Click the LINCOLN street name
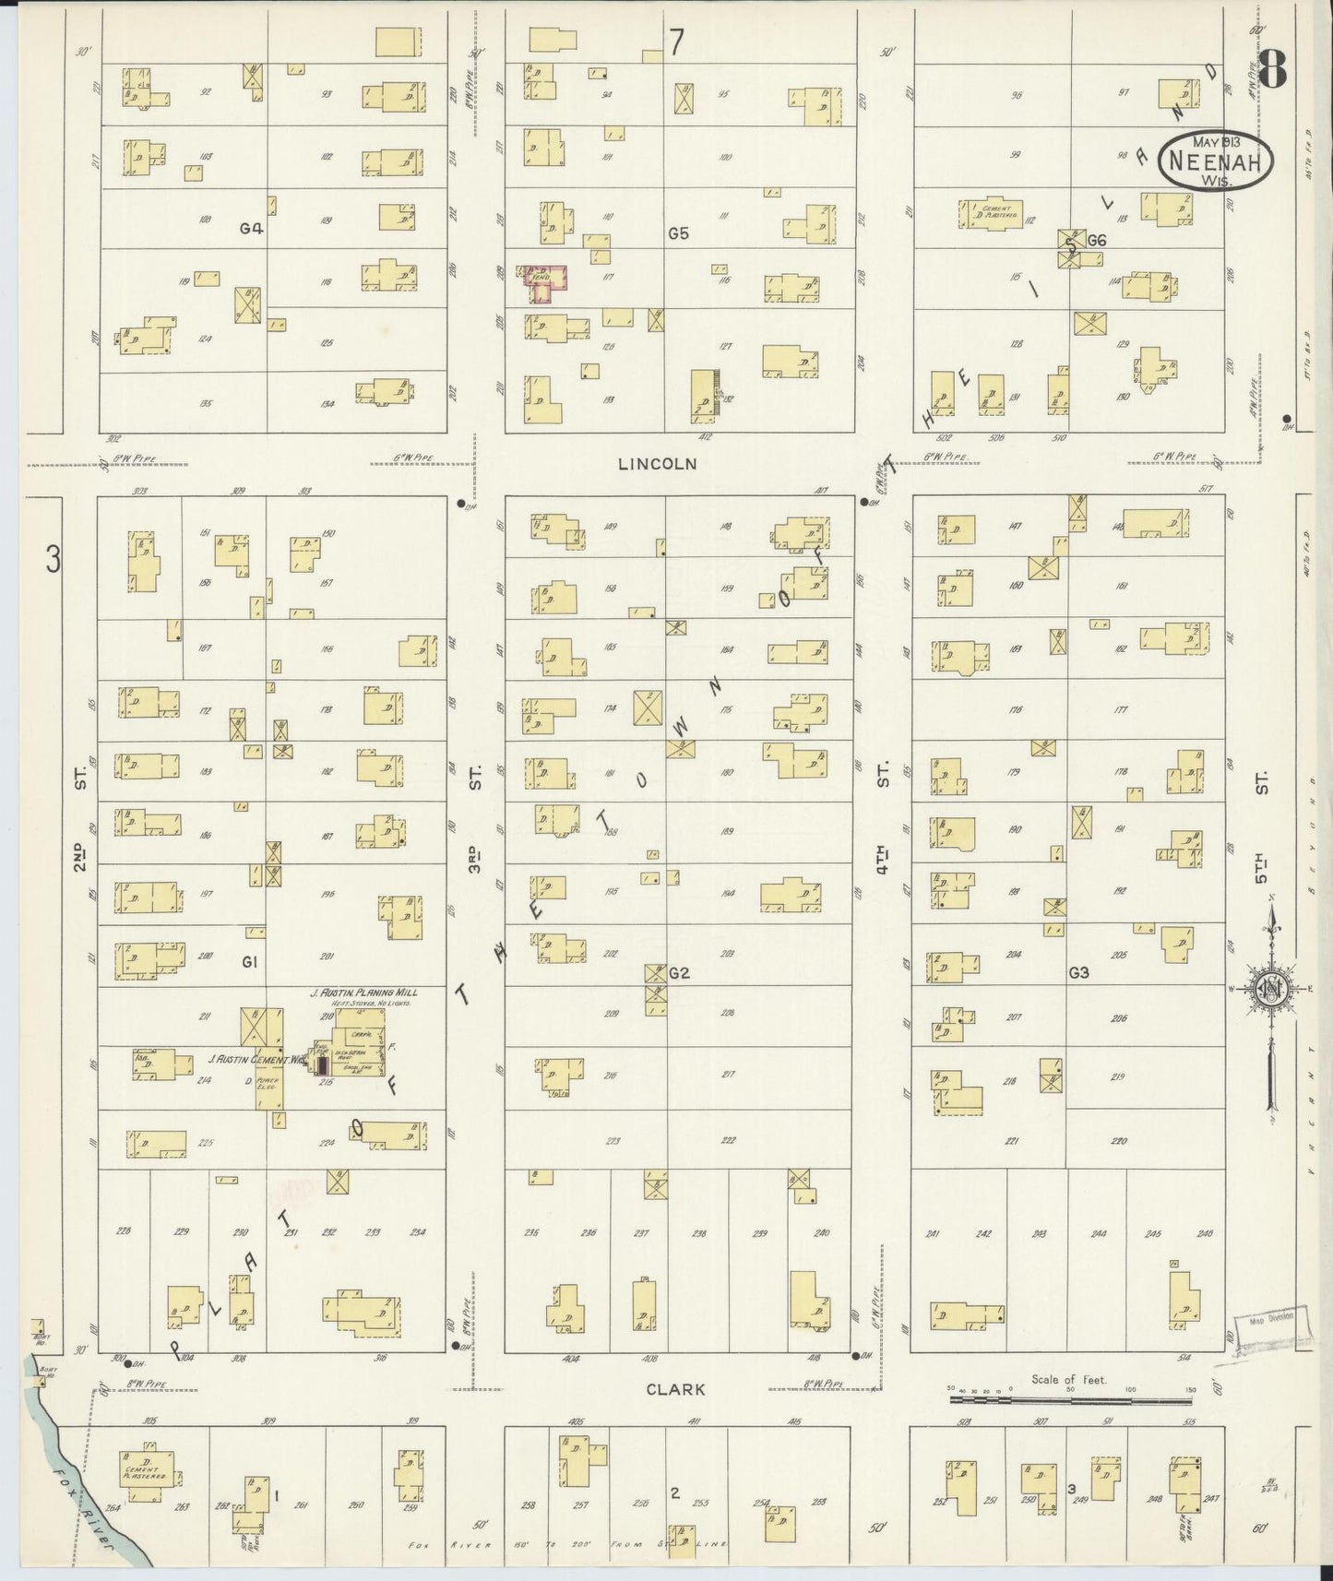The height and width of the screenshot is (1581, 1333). (657, 465)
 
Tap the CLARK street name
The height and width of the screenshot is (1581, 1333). (675, 1388)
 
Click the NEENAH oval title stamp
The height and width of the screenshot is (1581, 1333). (1217, 160)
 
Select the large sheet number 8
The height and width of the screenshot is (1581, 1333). (1273, 67)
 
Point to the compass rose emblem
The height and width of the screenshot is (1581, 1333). (1272, 988)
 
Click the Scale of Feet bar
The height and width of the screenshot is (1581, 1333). (1072, 1399)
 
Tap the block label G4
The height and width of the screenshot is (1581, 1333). (251, 228)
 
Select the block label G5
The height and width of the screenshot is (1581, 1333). (678, 233)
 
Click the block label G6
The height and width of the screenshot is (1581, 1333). (1096, 241)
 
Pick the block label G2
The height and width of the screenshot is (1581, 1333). (680, 972)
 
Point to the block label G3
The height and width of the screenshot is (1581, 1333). (1078, 972)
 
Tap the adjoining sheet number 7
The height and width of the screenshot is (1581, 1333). (678, 43)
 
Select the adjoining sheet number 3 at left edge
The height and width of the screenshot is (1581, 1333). (54, 559)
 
